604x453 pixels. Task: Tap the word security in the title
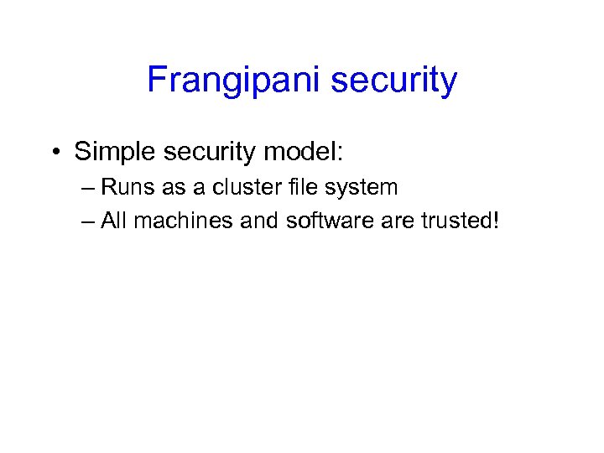coord(394,81)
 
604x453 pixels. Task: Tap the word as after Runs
coord(173,187)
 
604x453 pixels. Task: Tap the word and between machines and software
coord(257,221)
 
